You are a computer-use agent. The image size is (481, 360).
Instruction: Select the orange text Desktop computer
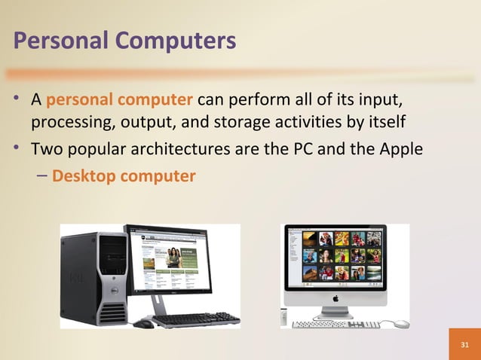pos(124,176)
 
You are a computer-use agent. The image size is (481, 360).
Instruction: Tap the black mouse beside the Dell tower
pos(142,324)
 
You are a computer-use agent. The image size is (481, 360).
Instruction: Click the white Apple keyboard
pos(335,324)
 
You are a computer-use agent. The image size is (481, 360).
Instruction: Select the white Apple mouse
pos(401,323)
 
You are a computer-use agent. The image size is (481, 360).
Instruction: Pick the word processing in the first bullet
pos(63,122)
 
